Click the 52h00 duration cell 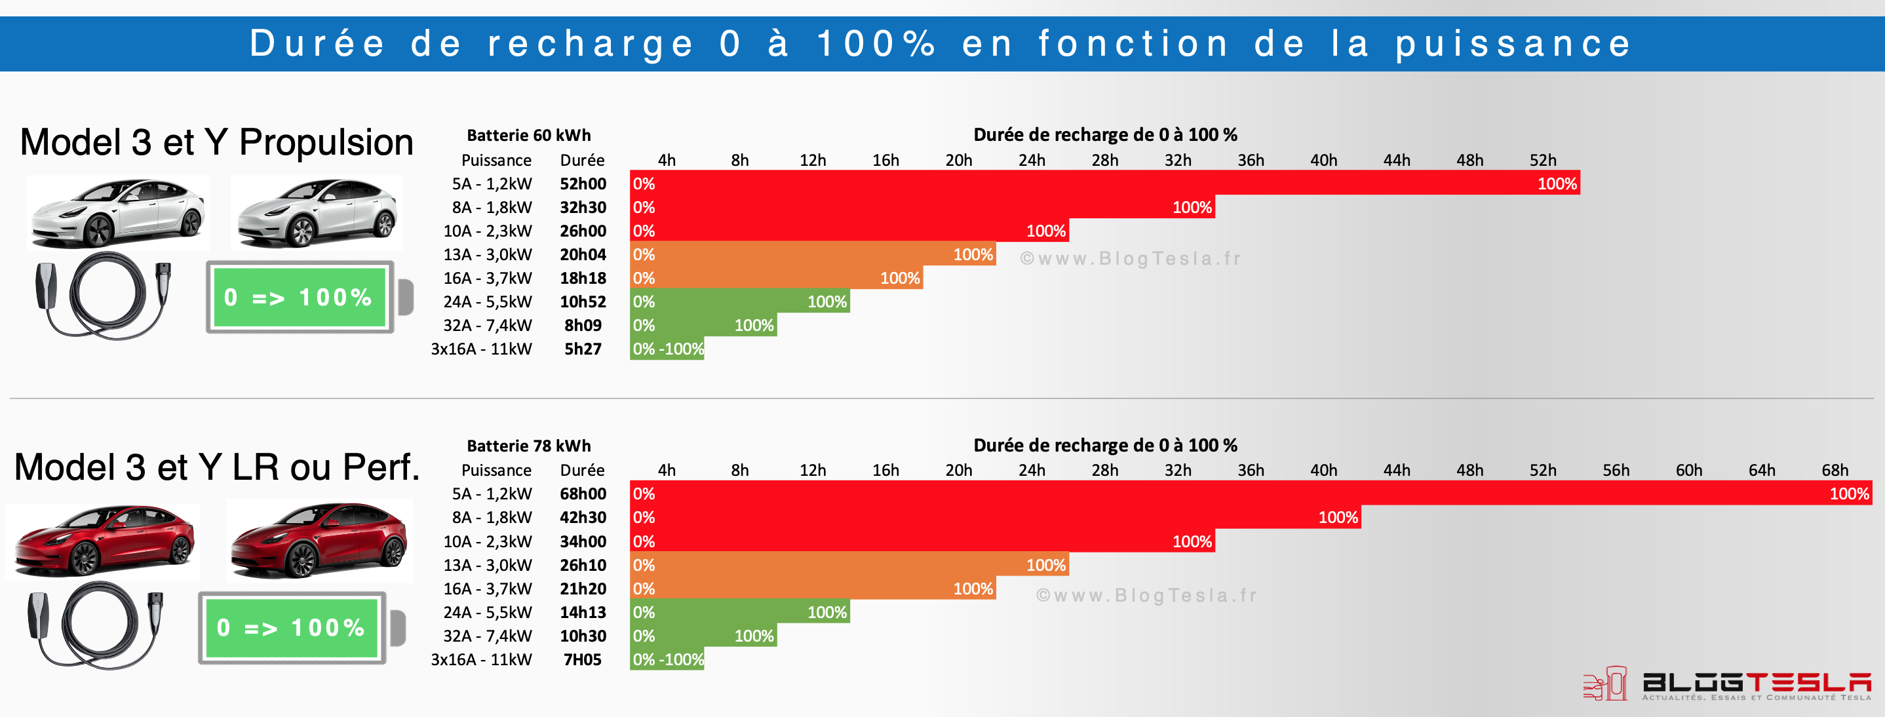[583, 184]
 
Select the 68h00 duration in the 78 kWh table [583, 494]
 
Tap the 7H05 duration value [583, 659]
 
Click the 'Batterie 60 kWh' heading [528, 136]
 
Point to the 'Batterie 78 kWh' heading [528, 446]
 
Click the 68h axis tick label [1835, 471]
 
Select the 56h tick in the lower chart [1616, 471]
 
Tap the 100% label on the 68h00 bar [1849, 494]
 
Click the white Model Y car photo [317, 213]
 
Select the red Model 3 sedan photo [102, 541]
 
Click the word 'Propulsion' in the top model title [326, 142]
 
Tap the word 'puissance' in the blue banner [1513, 43]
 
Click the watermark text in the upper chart [1131, 258]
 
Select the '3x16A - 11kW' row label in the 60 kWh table [481, 349]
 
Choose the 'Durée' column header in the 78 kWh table [582, 471]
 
